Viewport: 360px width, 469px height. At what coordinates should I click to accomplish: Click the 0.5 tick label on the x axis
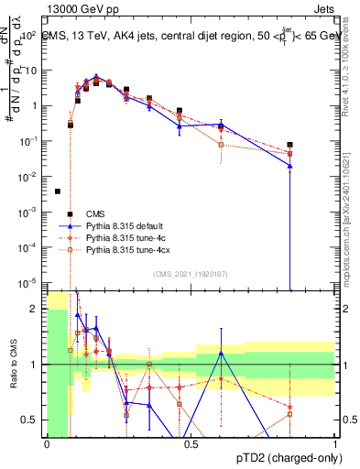[191, 443]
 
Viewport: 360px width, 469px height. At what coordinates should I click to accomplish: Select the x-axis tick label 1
[335, 443]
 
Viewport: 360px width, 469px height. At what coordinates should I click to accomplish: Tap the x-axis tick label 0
[47, 443]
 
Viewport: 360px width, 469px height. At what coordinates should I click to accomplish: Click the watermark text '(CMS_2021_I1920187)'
[191, 274]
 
